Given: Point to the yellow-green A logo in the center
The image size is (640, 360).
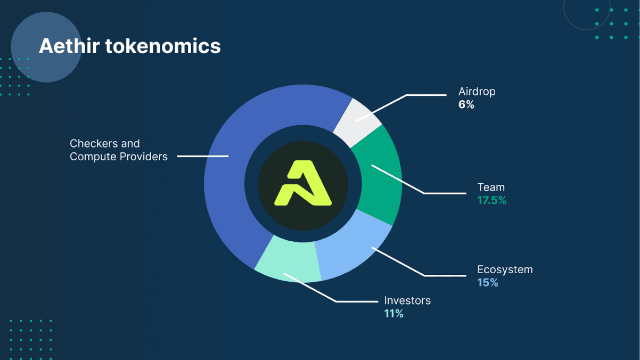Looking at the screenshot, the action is tap(303, 183).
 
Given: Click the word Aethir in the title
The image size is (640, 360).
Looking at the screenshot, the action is tap(69, 46).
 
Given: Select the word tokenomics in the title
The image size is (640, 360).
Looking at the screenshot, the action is tap(163, 46).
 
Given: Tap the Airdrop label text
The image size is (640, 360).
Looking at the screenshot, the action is tap(477, 92).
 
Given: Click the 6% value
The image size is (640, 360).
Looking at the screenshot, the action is tap(466, 104).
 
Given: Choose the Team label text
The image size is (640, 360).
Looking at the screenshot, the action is tap(491, 187).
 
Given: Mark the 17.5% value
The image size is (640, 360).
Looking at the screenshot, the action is tap(492, 200).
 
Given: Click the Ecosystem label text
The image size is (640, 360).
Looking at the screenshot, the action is tap(505, 269).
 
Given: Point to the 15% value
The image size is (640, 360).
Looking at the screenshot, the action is tap(488, 283).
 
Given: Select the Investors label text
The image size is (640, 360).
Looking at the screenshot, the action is tap(407, 300).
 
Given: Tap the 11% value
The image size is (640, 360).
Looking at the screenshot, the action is tap(393, 314).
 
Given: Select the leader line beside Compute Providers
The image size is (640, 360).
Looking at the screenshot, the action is tap(203, 156).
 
